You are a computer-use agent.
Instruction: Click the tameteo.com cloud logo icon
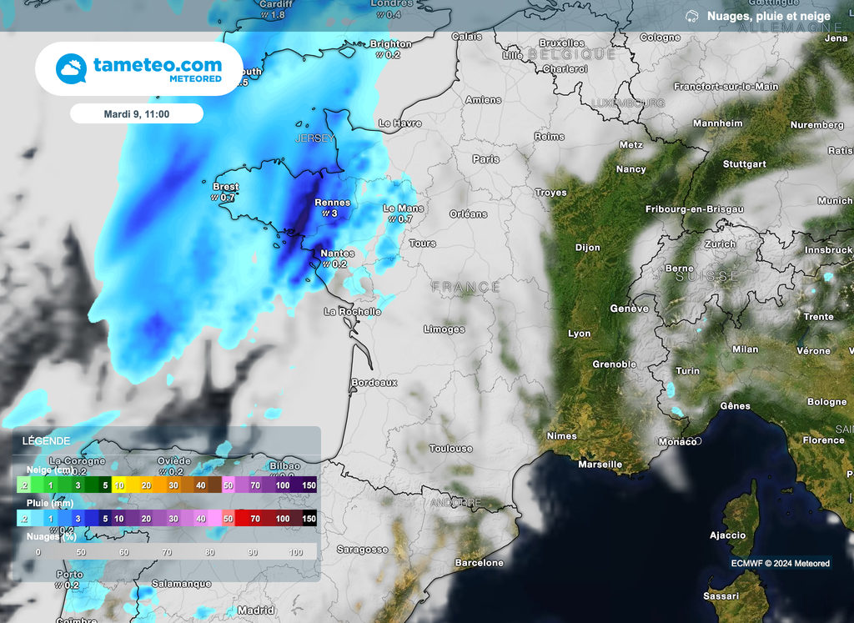[71, 68]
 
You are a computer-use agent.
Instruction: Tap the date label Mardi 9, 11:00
[136, 113]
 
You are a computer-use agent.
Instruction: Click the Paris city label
[485, 158]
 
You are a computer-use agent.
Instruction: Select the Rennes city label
[332, 203]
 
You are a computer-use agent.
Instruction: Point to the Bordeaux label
[374, 382]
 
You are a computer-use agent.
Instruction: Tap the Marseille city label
[600, 464]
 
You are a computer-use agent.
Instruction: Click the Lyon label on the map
[579, 334]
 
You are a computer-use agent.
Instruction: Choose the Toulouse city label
[450, 448]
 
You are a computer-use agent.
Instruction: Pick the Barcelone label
[479, 563]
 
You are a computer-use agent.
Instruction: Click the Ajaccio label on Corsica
[727, 535]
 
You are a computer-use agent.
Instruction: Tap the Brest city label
[226, 187]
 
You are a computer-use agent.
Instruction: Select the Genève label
[629, 309]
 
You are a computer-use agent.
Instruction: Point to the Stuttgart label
[744, 164]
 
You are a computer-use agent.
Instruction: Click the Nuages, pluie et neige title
[768, 16]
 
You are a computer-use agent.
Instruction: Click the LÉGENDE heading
[46, 440]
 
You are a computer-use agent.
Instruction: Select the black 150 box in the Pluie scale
[309, 519]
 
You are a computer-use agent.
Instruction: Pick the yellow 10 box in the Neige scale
[120, 485]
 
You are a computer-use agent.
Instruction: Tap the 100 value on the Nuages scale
[295, 552]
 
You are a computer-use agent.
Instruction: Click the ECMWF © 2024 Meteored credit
[780, 563]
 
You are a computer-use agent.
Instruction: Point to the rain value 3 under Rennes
[334, 214]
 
